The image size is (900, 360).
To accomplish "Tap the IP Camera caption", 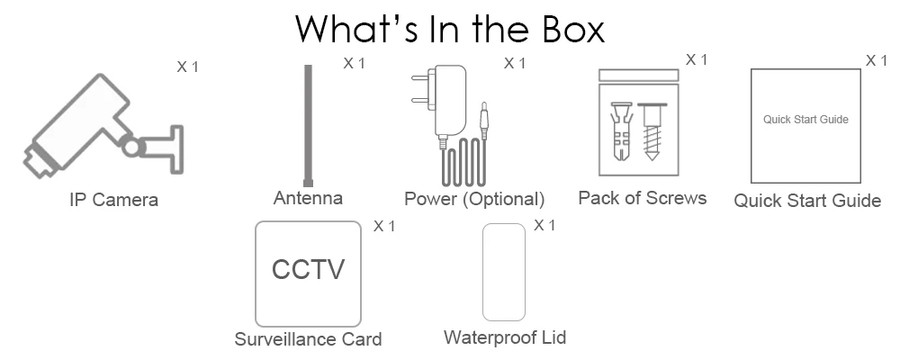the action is [x=113, y=200].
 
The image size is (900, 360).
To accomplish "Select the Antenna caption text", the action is [x=308, y=198].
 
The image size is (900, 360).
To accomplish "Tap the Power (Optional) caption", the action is [x=474, y=199].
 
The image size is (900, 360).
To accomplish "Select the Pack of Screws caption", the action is [x=642, y=198].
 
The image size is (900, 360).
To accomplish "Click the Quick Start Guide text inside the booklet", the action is [x=805, y=119].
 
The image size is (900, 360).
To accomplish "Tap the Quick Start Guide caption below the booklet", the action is [x=806, y=201].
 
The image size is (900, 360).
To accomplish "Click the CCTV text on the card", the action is [x=308, y=270].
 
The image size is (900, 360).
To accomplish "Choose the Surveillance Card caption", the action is [x=308, y=339].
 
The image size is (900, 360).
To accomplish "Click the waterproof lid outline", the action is [x=504, y=272].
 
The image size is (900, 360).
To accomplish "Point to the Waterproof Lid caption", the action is [x=504, y=337].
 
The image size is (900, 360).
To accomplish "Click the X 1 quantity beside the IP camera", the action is [x=187, y=67].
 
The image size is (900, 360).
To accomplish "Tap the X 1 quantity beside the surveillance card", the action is [x=384, y=226].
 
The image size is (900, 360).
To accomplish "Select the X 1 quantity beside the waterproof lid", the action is [x=544, y=225].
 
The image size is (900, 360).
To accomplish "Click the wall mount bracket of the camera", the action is [x=166, y=144].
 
